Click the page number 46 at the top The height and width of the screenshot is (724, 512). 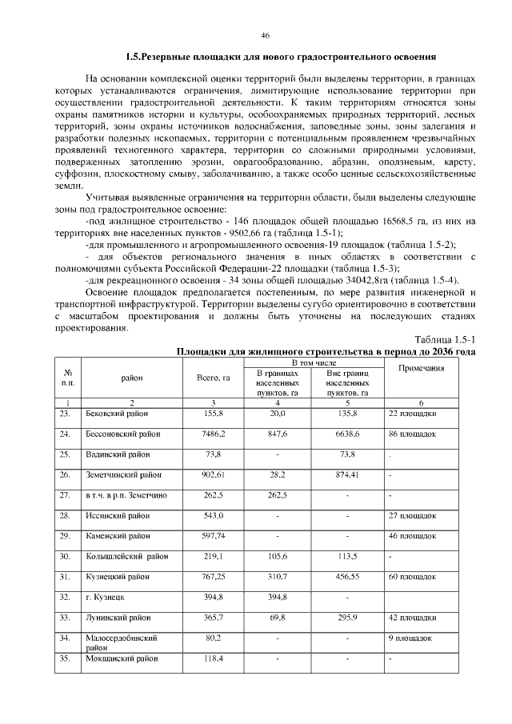pyautogui.click(x=265, y=35)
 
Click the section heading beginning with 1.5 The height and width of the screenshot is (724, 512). pyautogui.click(x=281, y=58)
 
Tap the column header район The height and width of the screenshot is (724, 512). pyautogui.click(x=131, y=378)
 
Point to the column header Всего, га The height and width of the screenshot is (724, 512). pyautogui.click(x=213, y=378)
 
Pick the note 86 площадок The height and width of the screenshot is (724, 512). pyautogui.click(x=412, y=433)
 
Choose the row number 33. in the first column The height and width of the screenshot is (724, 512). pyautogui.click(x=66, y=618)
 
